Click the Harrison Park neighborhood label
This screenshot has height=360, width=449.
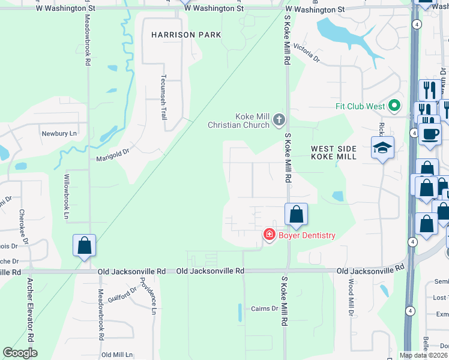[x=186, y=35]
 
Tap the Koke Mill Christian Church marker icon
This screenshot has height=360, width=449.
[x=279, y=120]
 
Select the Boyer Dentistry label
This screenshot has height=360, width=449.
[x=306, y=235]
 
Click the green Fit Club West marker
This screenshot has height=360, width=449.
[x=394, y=106]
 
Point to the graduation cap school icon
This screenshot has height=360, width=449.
[x=382, y=147]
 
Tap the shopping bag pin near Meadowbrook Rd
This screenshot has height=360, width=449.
[x=85, y=245]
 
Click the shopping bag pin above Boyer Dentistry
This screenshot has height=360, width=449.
[x=296, y=214]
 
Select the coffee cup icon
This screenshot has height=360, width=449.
[x=430, y=133]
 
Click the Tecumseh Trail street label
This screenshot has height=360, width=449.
[x=163, y=97]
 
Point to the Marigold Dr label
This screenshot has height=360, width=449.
[x=113, y=159]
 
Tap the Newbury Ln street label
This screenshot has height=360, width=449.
[x=59, y=133]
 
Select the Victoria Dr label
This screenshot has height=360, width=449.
[x=307, y=55]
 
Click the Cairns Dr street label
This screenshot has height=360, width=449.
[x=266, y=308]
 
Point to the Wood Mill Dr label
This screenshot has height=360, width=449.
[x=351, y=300]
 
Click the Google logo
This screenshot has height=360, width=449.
[x=20, y=353]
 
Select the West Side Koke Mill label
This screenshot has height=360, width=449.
[x=334, y=152]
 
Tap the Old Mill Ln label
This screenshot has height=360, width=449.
[x=117, y=355]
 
